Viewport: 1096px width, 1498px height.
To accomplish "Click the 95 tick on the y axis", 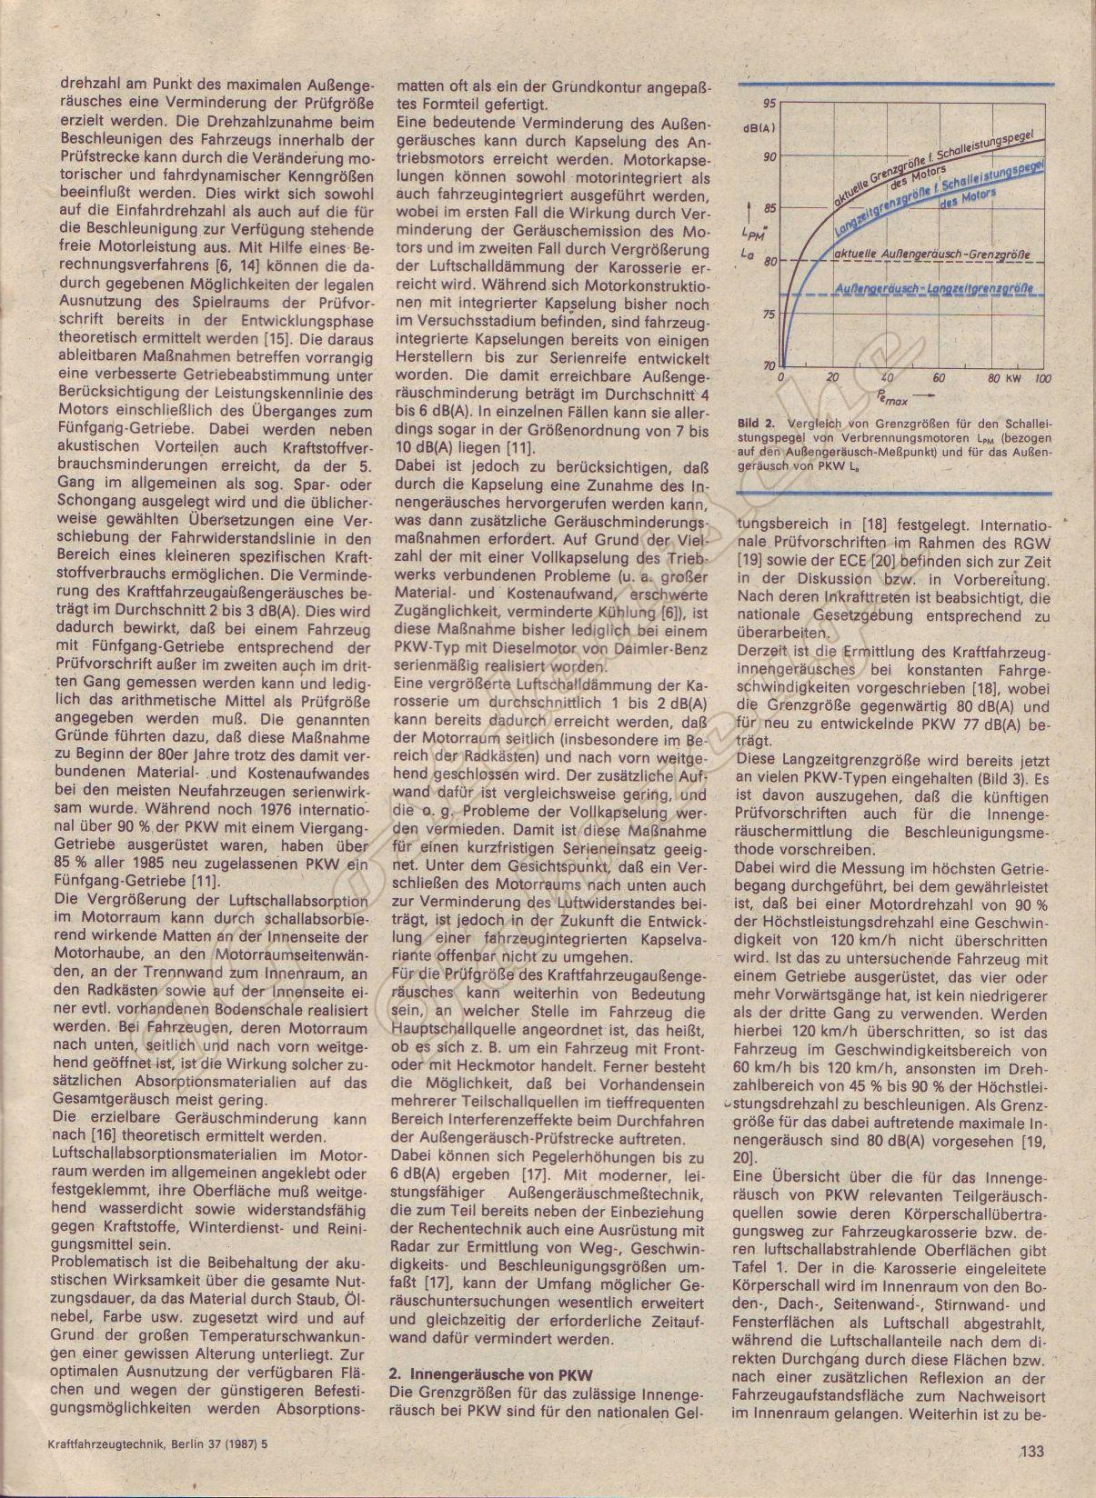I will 770,103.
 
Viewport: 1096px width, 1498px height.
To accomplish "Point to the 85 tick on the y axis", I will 770,208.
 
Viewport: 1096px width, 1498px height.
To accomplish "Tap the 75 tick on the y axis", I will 770,315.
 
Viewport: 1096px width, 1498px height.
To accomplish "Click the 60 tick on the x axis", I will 940,378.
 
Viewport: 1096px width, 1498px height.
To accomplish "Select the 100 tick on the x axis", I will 1042,378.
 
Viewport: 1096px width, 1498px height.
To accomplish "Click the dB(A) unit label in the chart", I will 759,128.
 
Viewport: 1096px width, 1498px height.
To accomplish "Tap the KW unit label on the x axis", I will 1013,378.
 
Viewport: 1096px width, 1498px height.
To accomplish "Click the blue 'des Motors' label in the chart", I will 968,199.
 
